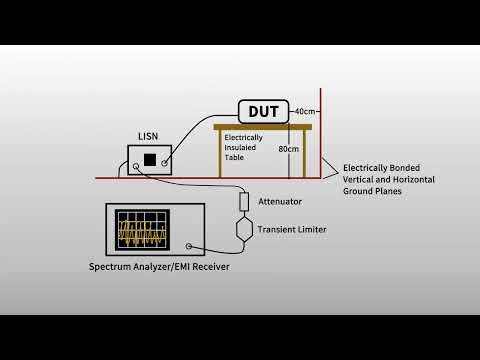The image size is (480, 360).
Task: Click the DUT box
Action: pyautogui.click(x=263, y=110)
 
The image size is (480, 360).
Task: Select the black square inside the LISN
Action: pyautogui.click(x=149, y=159)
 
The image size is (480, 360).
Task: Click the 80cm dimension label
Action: pyautogui.click(x=288, y=149)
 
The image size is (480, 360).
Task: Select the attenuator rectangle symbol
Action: pyautogui.click(x=243, y=202)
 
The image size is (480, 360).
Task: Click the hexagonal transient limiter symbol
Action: pyautogui.click(x=243, y=230)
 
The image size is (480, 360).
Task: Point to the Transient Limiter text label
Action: pyautogui.click(x=292, y=230)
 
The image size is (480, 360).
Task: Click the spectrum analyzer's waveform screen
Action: pyautogui.click(x=140, y=232)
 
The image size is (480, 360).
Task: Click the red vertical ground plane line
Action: pyautogui.click(x=320, y=130)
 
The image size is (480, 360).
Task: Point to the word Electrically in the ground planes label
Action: pyautogui.click(x=367, y=168)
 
